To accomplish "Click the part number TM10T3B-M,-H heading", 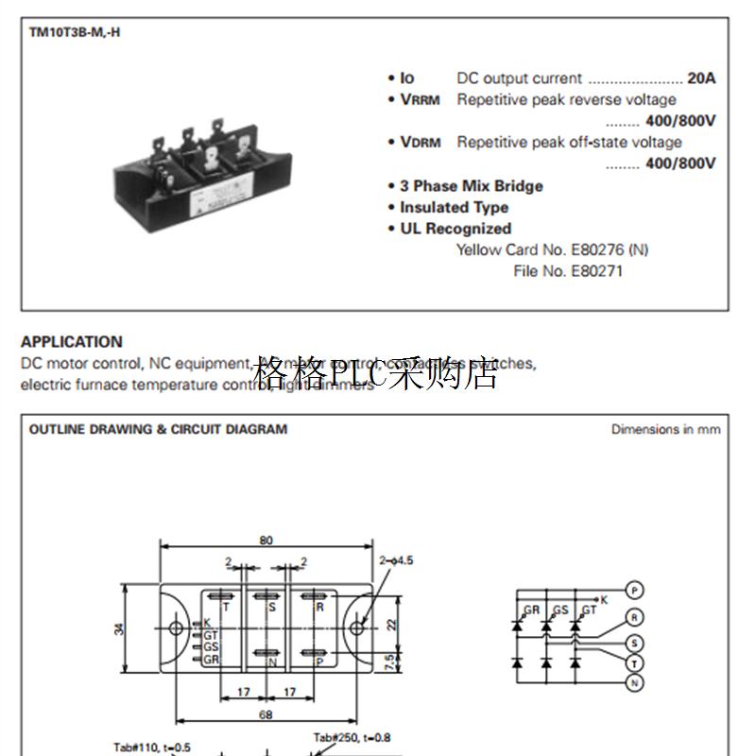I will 75,32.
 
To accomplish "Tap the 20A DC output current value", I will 701,78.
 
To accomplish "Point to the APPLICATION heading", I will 72,342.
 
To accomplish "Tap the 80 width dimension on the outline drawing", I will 266,541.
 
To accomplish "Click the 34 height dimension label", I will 120,627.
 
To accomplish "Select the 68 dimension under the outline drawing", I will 266,715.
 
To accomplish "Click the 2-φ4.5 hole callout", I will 396,560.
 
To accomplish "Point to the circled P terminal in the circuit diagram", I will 636,591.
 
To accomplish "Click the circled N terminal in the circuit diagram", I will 636,682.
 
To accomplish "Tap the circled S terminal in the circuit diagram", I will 636,644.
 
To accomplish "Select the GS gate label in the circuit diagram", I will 560,610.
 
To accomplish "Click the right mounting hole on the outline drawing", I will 357,627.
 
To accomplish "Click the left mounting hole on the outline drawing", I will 175,627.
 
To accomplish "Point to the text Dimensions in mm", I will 665,429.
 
